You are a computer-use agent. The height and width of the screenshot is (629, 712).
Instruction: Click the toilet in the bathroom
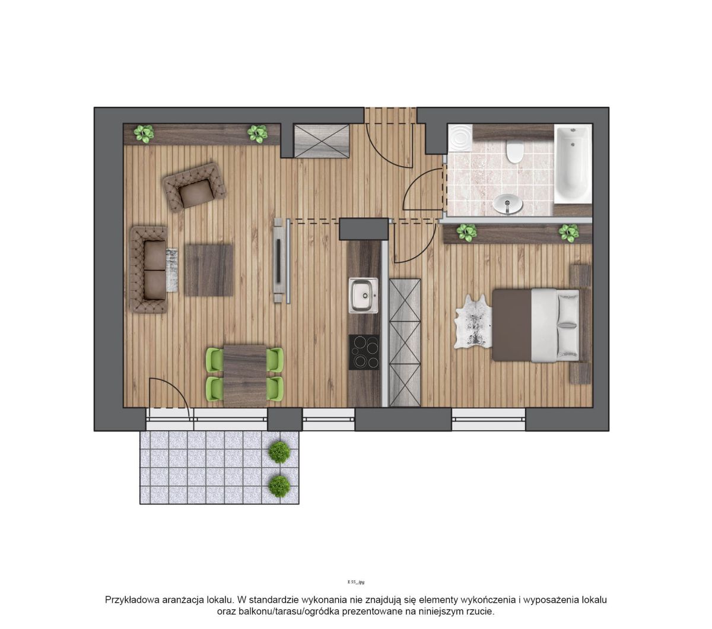pos(515,151)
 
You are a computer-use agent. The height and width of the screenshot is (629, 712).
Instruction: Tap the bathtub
pos(573,164)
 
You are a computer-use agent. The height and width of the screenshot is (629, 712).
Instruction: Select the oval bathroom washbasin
pos(507,204)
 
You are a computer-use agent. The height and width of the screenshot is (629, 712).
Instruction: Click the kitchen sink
pos(363,296)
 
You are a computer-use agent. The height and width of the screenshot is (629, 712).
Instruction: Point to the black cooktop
pos(364,352)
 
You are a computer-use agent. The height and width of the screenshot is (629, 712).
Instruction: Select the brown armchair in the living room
pos(195,187)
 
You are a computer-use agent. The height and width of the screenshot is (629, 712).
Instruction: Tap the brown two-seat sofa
pos(149,269)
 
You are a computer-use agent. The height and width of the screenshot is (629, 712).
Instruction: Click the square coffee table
pos(209,271)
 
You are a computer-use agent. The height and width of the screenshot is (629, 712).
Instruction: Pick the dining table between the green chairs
pos(245,376)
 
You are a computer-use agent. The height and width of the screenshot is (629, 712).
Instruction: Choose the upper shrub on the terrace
pos(279,452)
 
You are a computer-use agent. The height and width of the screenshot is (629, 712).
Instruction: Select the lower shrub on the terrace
pos(279,486)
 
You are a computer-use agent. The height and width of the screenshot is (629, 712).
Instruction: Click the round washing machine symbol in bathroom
pos(460,138)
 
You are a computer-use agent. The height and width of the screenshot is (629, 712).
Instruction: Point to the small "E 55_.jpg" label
pos(356,582)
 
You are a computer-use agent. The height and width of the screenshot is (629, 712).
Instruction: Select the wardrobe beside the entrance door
pos(322,141)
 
